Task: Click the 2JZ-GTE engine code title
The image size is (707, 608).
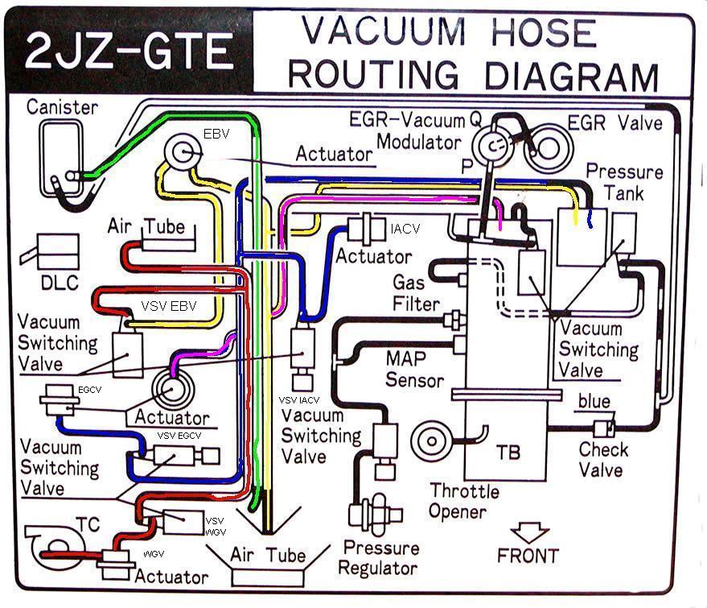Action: pos(129,51)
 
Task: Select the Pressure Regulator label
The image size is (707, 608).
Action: pos(380,557)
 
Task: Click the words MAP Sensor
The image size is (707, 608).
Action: pos(416,369)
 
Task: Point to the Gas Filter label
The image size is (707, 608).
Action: pos(416,293)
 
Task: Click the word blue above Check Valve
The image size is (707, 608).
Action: pos(595,401)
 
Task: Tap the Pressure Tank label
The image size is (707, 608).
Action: pos(624,183)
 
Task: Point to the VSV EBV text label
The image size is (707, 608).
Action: pos(169,307)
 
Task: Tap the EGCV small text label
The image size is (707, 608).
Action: pos(88,389)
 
